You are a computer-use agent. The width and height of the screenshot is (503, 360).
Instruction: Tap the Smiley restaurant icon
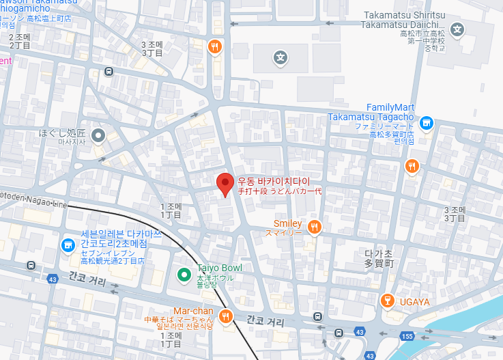(x=314, y=227)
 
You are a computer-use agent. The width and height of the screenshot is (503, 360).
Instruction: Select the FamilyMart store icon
(x=427, y=123)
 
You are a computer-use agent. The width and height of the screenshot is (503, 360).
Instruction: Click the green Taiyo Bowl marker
(x=183, y=275)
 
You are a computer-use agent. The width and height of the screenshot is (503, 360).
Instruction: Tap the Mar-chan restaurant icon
(x=226, y=316)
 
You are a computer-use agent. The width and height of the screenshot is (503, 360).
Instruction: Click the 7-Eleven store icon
(x=68, y=245)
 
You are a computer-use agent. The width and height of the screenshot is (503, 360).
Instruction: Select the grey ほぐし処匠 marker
(x=98, y=134)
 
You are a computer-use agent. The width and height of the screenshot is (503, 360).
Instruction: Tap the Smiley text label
(x=287, y=223)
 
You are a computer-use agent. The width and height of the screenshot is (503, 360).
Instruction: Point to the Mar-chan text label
(x=194, y=310)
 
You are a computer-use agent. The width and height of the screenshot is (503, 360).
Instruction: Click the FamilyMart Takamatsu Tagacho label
(x=371, y=112)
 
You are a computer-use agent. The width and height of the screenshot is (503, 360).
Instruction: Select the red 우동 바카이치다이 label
(x=273, y=181)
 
